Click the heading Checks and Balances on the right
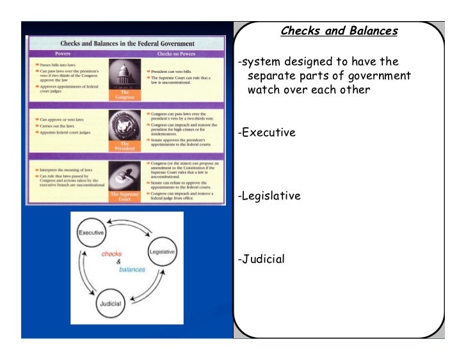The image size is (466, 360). tap(339, 31)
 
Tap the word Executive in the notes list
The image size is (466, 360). tap(266, 133)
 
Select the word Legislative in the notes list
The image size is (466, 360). tap(269, 196)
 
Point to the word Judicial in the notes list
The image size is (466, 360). tap(261, 260)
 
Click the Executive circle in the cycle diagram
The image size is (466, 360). tap(91, 233)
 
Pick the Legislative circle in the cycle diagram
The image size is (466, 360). tap(162, 252)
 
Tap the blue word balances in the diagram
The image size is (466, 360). tap(133, 269)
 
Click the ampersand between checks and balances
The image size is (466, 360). tap(118, 262)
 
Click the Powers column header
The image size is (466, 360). tap(63, 53)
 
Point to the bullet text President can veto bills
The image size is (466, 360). tap(172, 72)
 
